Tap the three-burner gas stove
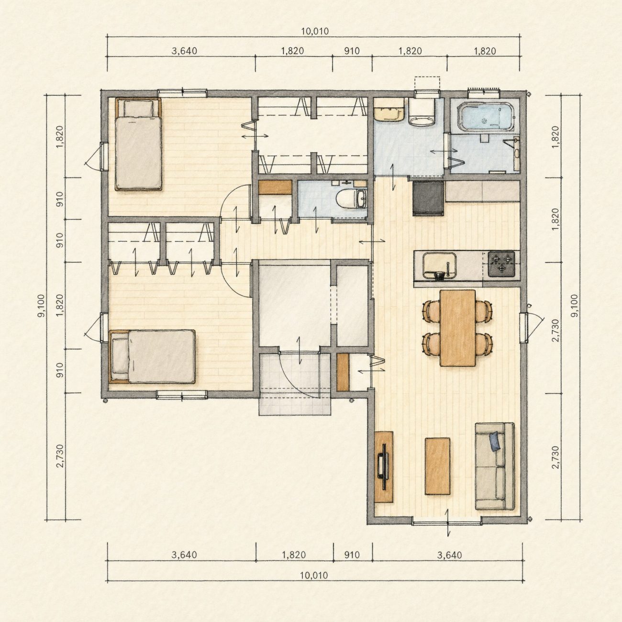pos(501,264)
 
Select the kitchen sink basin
pos(439,266)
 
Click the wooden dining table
pos(458,328)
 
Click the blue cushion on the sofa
pos(496,441)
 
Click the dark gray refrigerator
pos(428,198)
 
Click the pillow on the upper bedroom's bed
pos(138,108)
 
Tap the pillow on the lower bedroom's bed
pos(120,356)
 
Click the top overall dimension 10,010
pos(315,31)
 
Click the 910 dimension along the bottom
pos(352,555)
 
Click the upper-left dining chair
pos(431,311)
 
